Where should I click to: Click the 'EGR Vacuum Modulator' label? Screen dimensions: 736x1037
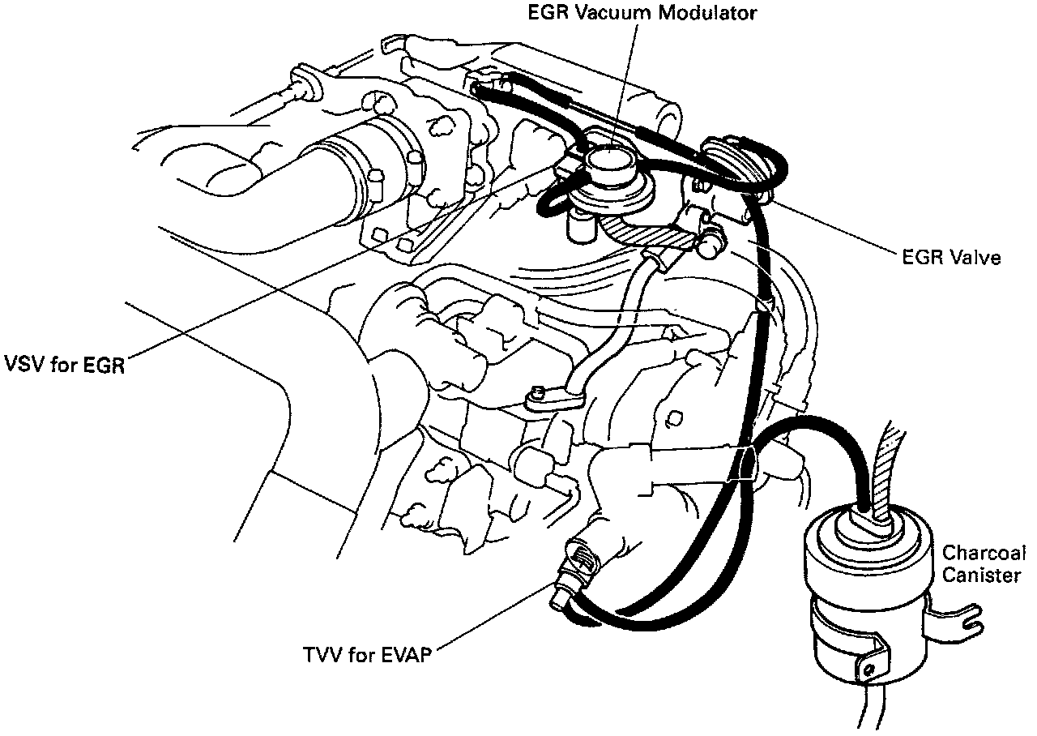coord(641,13)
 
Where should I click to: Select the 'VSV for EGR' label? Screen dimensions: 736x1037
coord(62,364)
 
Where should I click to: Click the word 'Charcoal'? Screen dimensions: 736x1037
coord(983,554)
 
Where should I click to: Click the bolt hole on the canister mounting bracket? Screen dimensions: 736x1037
coord(868,670)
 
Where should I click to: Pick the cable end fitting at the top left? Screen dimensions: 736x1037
coord(301,81)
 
